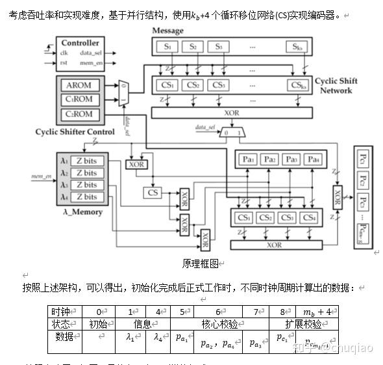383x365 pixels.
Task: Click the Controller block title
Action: click(x=80, y=43)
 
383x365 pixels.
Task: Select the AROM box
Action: click(x=79, y=85)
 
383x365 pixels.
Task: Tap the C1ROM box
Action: click(x=79, y=100)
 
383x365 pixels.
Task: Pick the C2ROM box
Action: click(x=79, y=115)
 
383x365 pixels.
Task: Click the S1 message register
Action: click(x=167, y=46)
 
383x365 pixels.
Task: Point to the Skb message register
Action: click(x=297, y=46)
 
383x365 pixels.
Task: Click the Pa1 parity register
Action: click(x=247, y=159)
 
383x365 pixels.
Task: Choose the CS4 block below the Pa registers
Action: click(x=309, y=217)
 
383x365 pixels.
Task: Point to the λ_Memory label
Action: click(x=79, y=212)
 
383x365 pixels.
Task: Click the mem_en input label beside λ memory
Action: click(x=41, y=176)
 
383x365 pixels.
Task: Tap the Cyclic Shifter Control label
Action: click(x=75, y=131)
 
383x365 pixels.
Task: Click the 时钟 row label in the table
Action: click(x=62, y=311)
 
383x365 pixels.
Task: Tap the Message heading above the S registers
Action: click(x=167, y=31)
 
